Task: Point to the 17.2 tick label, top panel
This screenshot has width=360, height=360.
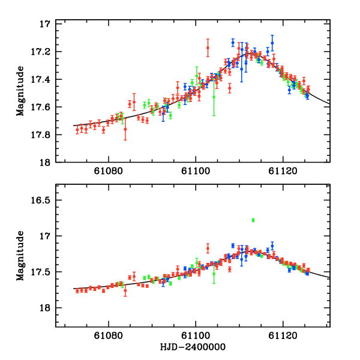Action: pyautogui.click(x=40, y=52)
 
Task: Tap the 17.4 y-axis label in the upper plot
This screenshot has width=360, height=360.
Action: pyautogui.click(x=40, y=79)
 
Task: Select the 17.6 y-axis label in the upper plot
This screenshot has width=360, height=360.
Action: pyautogui.click(x=40, y=107)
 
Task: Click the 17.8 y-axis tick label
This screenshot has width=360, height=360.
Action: pyautogui.click(x=40, y=134)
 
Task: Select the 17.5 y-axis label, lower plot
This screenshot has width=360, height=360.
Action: pyautogui.click(x=40, y=272)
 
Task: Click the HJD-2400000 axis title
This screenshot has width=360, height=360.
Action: pyautogui.click(x=193, y=347)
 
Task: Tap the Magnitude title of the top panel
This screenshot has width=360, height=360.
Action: pyautogui.click(x=20, y=92)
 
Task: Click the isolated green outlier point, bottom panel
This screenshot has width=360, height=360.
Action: pyautogui.click(x=253, y=220)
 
